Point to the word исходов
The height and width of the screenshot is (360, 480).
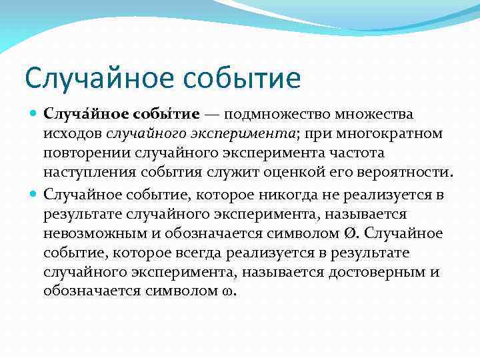click(71, 135)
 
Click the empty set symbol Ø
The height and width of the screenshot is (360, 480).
click(350, 233)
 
